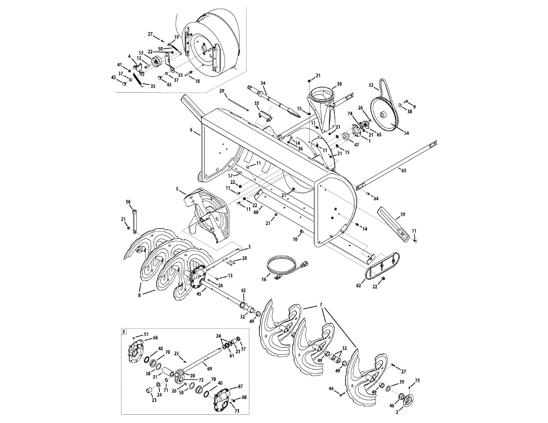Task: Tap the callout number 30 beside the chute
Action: coord(339,84)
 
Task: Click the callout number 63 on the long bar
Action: coord(403,170)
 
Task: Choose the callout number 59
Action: coord(402,214)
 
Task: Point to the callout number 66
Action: coord(155,338)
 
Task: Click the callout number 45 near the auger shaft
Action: coord(199,294)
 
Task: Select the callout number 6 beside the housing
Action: coord(191,130)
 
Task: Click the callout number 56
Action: coord(128,201)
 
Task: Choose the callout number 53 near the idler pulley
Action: coord(141,52)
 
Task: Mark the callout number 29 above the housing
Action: coord(222,91)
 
